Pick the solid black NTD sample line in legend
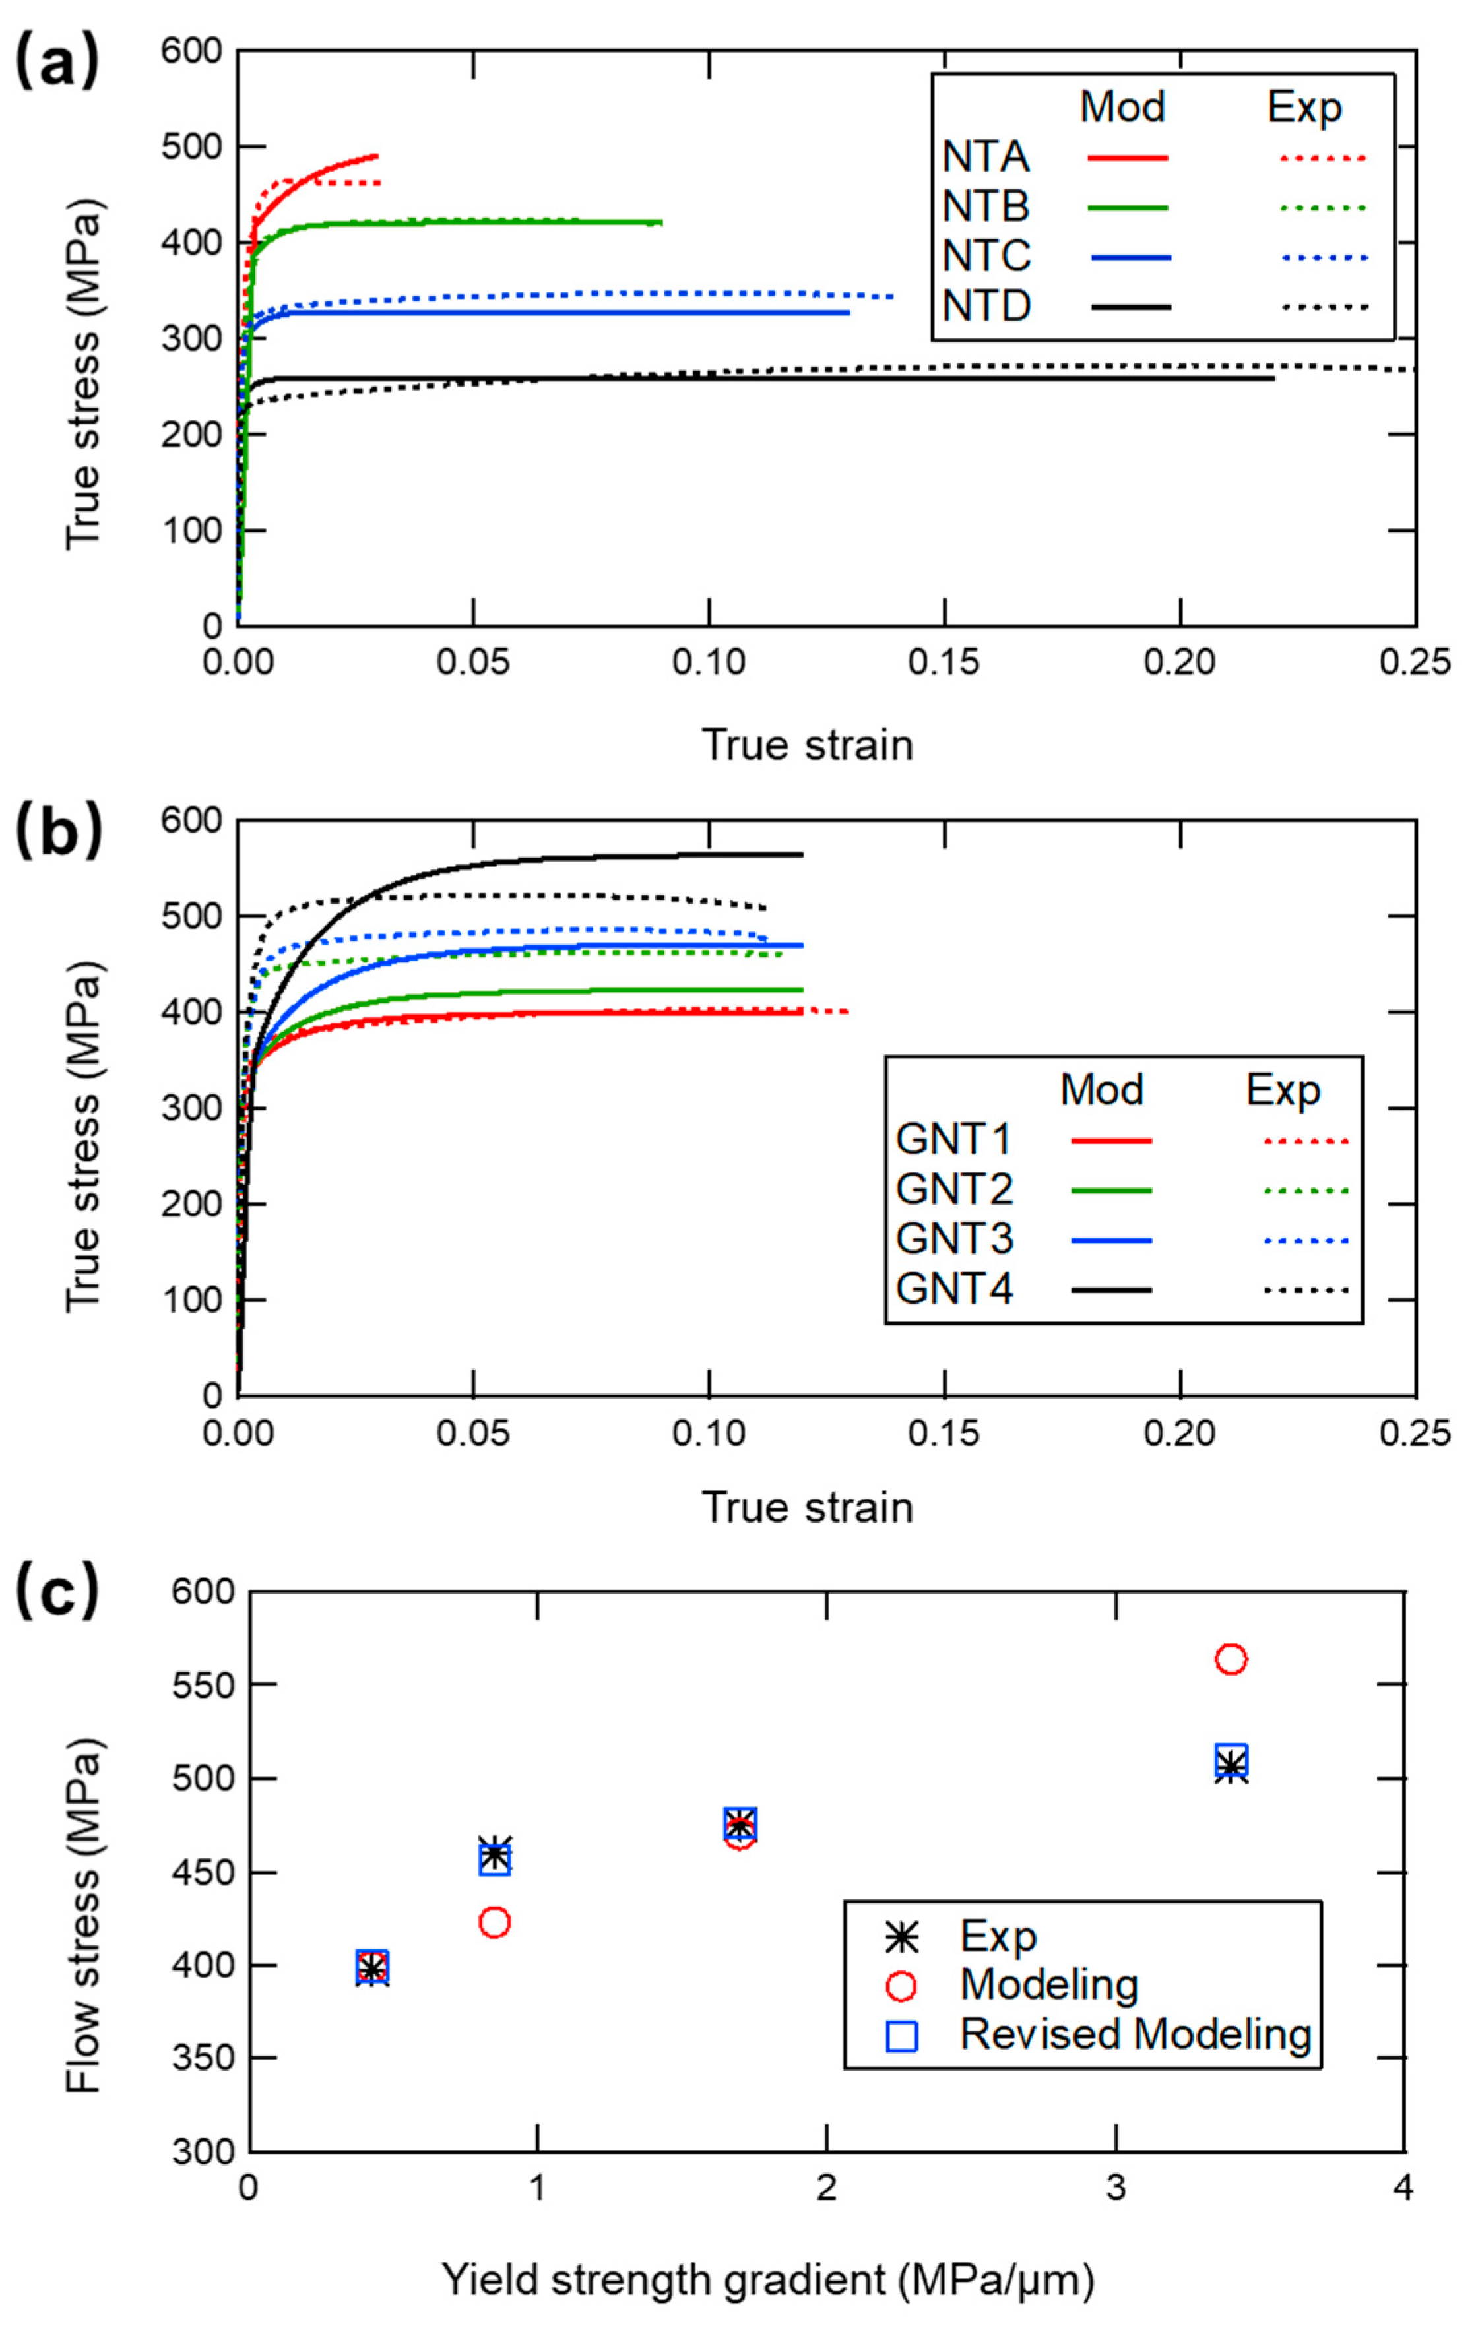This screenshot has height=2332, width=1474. click(1130, 307)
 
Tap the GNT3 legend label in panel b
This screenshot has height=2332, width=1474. click(954, 1239)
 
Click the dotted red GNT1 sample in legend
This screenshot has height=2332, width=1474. click(1306, 1141)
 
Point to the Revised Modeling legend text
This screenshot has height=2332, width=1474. click(1135, 2034)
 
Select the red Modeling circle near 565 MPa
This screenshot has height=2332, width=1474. click(1230, 1659)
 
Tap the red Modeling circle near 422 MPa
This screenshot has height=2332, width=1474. click(494, 1922)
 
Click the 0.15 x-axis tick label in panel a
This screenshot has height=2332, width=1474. click(944, 664)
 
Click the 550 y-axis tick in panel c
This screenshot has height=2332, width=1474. click(203, 1685)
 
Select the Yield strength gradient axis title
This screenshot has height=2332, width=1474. click(768, 2281)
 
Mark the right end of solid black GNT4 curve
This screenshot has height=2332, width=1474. click(802, 854)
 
